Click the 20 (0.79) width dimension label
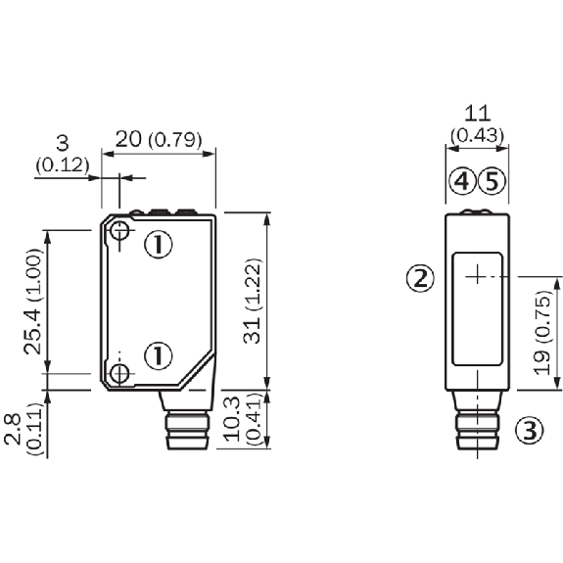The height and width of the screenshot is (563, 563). [159, 139]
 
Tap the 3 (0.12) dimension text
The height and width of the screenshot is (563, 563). [61, 157]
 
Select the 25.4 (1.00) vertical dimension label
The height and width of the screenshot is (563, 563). [34, 301]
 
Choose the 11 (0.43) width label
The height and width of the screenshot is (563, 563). [478, 123]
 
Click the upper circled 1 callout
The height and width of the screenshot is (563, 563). [158, 243]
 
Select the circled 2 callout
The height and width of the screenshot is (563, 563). [420, 279]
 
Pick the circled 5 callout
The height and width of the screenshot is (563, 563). [493, 181]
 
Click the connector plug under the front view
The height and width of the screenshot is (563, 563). [477, 424]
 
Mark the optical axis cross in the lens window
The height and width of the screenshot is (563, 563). [477, 277]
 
